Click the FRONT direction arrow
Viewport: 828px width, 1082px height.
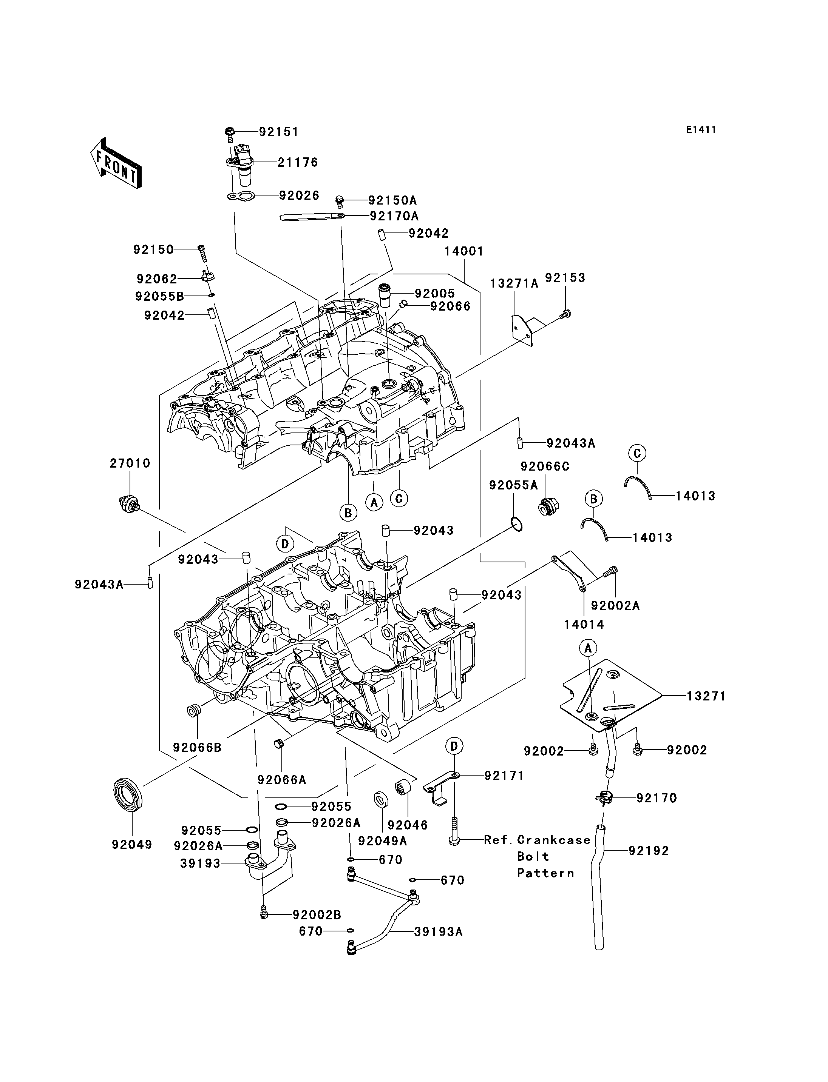(116, 163)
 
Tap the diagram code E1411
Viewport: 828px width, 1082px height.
(701, 129)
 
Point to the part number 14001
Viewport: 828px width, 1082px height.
(464, 251)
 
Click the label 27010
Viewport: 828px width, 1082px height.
(130, 463)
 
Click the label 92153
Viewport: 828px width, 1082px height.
(565, 278)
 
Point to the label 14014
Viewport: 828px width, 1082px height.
(584, 625)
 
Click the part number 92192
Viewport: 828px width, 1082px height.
(649, 851)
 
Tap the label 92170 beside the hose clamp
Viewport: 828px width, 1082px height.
(657, 798)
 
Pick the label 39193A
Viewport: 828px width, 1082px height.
(438, 932)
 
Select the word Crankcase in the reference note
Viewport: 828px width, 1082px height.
(554, 840)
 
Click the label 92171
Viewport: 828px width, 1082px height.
(504, 776)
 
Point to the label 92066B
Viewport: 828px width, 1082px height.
(197, 747)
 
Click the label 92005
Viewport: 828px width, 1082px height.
(435, 294)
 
